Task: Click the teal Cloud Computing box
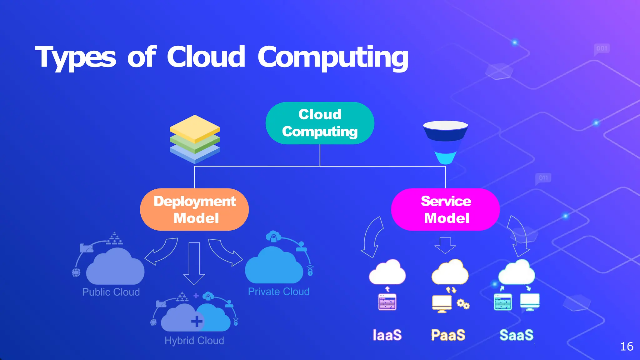pos(320,123)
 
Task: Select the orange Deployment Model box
pos(194,209)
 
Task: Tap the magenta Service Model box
pos(445,209)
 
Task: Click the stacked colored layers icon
pos(195,139)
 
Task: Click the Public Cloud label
pos(111,292)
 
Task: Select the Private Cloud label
pos(278,292)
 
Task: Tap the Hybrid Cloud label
pos(194,340)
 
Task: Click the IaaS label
pos(387,335)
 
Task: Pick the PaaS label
pos(448,335)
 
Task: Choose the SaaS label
pos(516,335)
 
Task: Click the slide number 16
pos(626,347)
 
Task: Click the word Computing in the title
pos(333,58)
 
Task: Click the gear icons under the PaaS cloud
pos(463,304)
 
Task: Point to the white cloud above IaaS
pos(387,272)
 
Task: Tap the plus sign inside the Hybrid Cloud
pos(197,321)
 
